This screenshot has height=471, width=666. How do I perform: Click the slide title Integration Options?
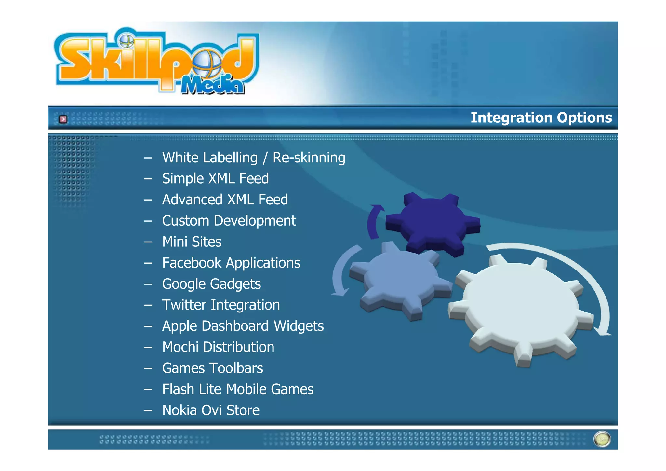(x=541, y=118)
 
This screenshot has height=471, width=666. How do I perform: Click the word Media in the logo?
(x=213, y=85)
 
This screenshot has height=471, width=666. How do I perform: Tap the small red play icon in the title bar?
(x=63, y=119)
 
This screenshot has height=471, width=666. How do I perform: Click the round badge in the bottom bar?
(x=602, y=439)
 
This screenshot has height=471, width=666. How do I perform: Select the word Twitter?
(x=184, y=305)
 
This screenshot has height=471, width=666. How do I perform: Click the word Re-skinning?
(x=309, y=158)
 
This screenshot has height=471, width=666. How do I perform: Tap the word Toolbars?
(x=240, y=368)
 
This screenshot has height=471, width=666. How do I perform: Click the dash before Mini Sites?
(x=148, y=242)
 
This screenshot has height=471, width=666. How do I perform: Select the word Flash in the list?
(x=178, y=389)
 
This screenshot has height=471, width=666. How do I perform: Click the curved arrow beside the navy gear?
(x=374, y=221)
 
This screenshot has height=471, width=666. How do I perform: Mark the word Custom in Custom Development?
(x=185, y=221)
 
